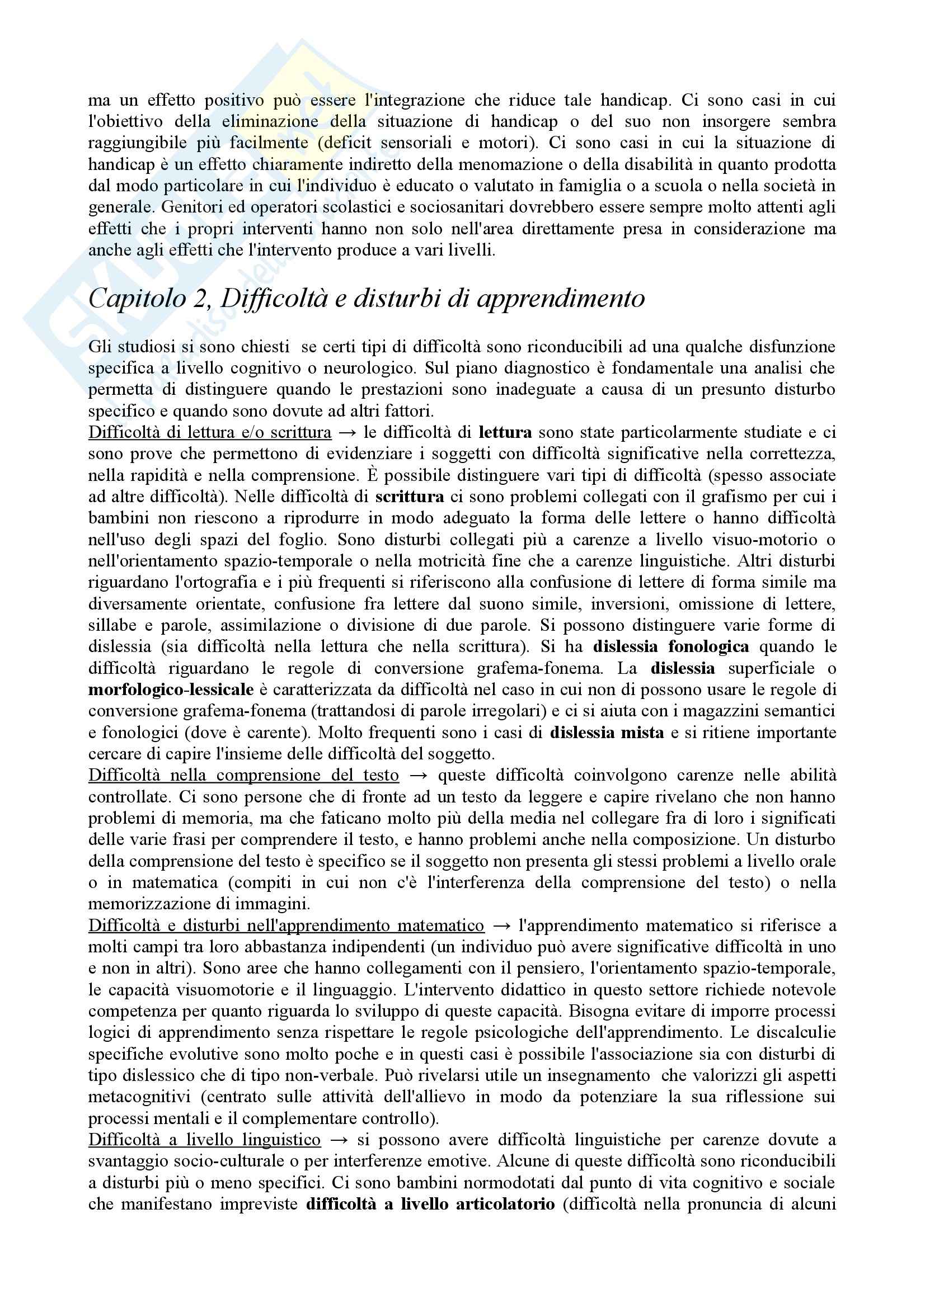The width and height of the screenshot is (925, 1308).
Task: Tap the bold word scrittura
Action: click(x=410, y=497)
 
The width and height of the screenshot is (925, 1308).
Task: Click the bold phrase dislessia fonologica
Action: click(x=672, y=646)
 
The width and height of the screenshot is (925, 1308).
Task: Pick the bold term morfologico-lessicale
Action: click(x=171, y=690)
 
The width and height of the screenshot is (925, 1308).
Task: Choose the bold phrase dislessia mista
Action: click(x=607, y=732)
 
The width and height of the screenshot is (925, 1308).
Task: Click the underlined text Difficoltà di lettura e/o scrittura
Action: click(x=210, y=432)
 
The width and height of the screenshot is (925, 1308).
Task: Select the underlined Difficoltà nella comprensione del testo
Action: click(x=243, y=775)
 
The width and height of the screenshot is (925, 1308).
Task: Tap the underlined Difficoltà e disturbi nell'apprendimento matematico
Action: click(x=286, y=925)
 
